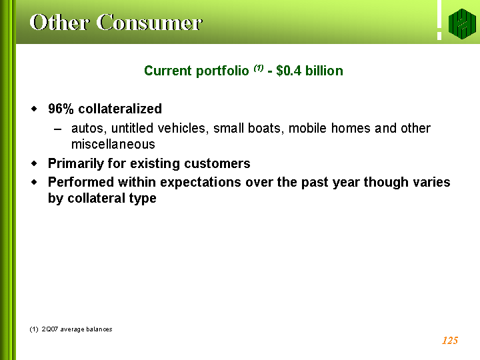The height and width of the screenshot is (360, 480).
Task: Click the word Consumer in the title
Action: click(149, 23)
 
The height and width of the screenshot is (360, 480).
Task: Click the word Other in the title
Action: click(59, 23)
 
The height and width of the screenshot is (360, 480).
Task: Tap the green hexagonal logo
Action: click(462, 24)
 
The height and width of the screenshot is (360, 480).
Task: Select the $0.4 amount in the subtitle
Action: click(289, 71)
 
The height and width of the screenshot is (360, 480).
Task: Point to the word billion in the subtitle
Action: click(324, 71)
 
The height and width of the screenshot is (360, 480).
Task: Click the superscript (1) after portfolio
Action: click(259, 67)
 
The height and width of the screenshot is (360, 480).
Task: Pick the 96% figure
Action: click(61, 109)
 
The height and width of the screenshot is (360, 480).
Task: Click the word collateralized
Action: click(120, 109)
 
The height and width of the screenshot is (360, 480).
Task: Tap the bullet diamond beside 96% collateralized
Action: click(34, 109)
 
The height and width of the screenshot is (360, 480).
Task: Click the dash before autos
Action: click(57, 129)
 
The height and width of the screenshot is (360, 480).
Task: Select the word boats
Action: click(264, 128)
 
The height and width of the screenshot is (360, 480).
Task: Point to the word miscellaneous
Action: click(113, 144)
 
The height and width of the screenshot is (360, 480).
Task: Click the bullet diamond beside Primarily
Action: click(34, 164)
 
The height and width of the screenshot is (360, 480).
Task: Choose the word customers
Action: click(217, 163)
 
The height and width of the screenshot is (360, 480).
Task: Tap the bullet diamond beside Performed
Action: click(34, 182)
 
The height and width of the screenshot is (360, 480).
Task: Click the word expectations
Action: click(201, 183)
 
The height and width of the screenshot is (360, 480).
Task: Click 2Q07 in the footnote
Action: click(49, 329)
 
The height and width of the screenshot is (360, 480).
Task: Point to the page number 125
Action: click(450, 341)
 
